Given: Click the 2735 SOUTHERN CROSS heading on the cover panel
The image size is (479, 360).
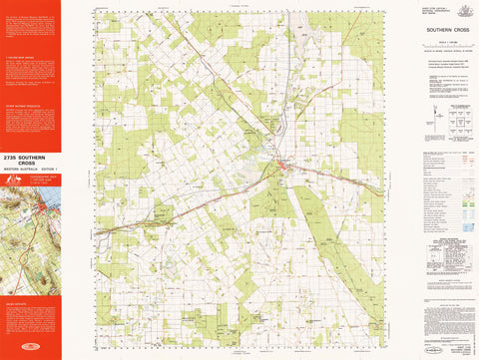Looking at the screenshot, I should coord(30,160).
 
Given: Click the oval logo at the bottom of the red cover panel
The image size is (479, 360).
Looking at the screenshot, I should coord(30,350).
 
